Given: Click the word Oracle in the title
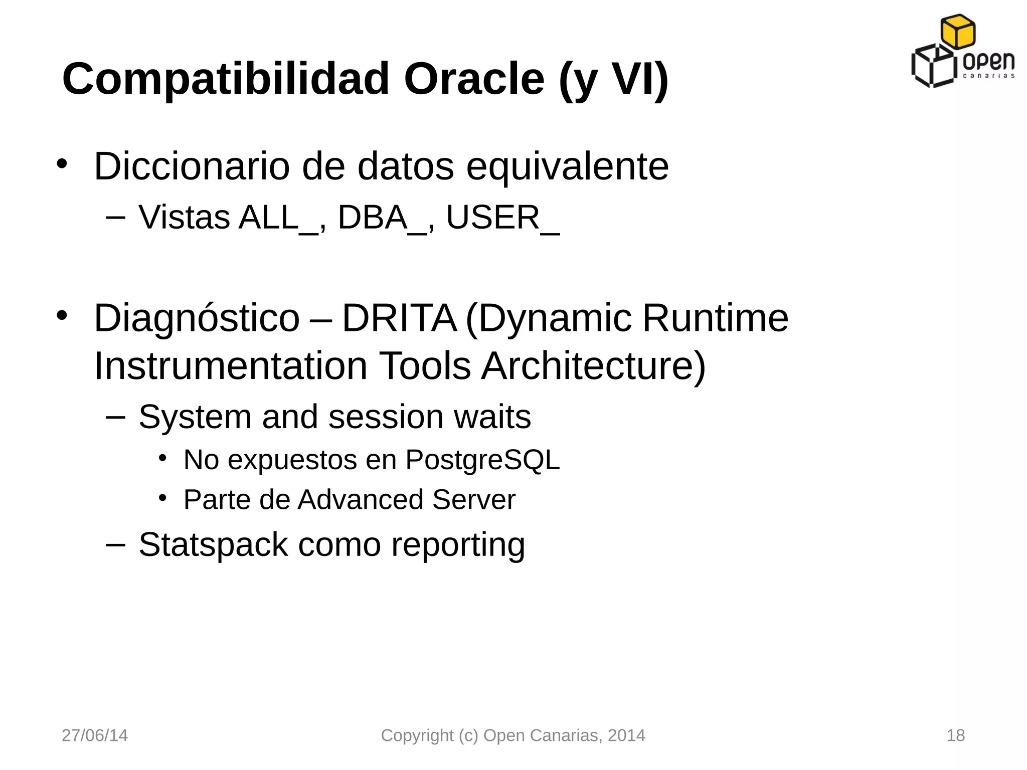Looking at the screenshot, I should pos(474,79).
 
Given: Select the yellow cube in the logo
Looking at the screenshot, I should pos(958,32).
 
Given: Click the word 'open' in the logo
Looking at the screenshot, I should pos(988,62).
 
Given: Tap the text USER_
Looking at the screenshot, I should pos(502,218).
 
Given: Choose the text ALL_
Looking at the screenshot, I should pos(278,218).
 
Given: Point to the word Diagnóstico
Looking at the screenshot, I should pos(197,319).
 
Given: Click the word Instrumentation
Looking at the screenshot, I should pos(231,366).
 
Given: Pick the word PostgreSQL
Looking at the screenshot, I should pos(482,460).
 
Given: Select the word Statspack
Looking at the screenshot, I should pos(213,545).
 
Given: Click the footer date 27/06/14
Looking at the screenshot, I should pos(95,735).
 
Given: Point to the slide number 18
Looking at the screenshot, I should pos(955,735).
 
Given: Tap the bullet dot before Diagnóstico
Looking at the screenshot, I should pos(61,315).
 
